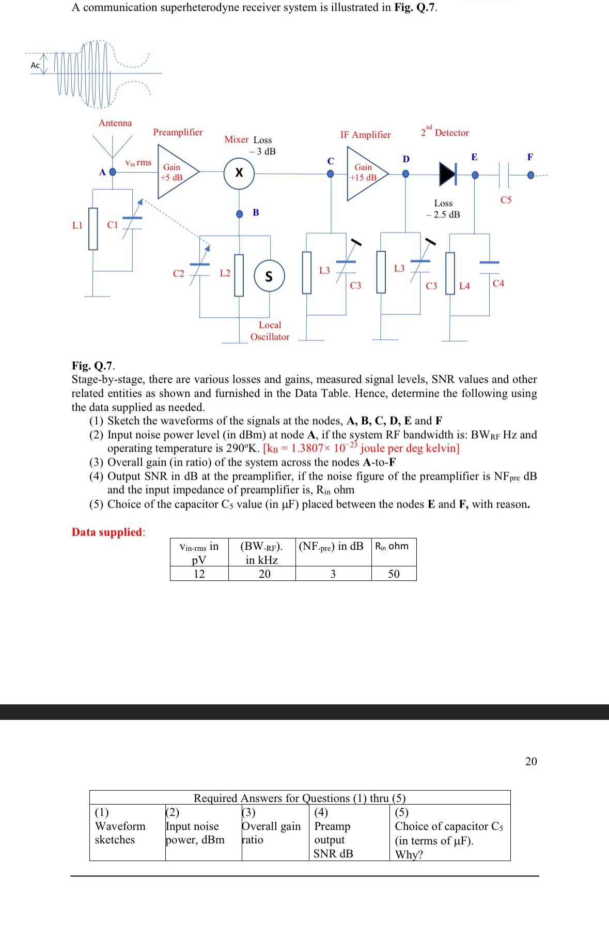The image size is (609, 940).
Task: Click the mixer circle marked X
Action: pos(239,173)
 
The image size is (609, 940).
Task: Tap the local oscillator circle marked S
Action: pos(269,276)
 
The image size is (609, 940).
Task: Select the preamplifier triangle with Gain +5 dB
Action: pos(176,172)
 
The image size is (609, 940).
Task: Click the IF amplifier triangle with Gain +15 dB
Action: pos(365,173)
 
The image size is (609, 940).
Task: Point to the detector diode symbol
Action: pos(448,174)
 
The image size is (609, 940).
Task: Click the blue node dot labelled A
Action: pos(113,172)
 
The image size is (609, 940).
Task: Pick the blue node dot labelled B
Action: pos(240,214)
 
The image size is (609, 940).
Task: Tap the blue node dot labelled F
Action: pos(530,175)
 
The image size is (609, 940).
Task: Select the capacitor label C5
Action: pos(506,200)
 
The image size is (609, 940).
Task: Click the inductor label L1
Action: pos(77,225)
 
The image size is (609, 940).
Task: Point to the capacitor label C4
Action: pos(498,283)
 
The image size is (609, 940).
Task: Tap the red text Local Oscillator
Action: pos(270,331)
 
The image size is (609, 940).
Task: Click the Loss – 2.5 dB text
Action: pos(443,209)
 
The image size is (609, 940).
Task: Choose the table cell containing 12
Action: pos(199,574)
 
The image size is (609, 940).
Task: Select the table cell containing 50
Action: pos(394,574)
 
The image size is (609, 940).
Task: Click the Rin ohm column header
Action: pos(392,547)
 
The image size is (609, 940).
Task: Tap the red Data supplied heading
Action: pos(107,532)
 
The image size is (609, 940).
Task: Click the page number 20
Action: pos(531,761)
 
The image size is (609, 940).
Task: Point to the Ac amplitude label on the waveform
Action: pos(35,65)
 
